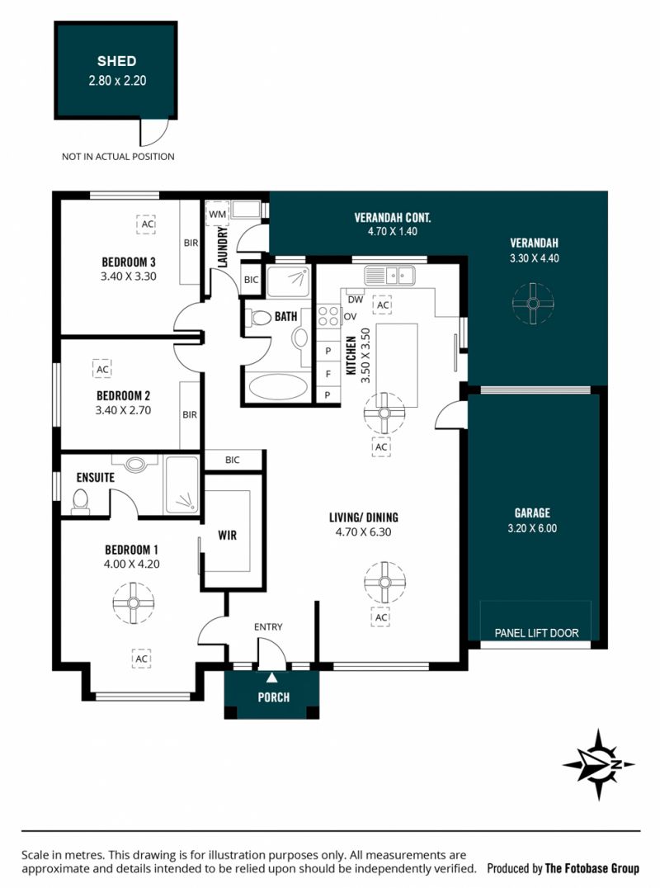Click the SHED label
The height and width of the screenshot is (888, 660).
click(116, 60)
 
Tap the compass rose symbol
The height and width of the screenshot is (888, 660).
click(598, 764)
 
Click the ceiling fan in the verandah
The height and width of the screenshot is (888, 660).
click(533, 304)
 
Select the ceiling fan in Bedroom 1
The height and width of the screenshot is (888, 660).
click(133, 602)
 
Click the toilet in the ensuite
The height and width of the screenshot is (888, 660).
click(80, 502)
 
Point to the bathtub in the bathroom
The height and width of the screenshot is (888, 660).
click(279, 387)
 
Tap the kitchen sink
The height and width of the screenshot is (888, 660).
click(389, 276)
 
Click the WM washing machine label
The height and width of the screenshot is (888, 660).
click(217, 214)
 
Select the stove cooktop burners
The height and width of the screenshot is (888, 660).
click(328, 316)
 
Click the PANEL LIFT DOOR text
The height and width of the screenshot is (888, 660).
click(536, 633)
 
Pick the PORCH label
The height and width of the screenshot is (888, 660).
click(273, 697)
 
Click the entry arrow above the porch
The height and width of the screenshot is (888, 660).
click(272, 678)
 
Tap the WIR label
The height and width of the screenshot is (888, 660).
click(228, 535)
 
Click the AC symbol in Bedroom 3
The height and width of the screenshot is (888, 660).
click(146, 224)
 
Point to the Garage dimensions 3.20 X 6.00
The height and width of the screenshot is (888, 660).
click(532, 528)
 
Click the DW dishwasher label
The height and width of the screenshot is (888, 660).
click(356, 300)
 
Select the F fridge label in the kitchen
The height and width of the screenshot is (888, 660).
click(328, 374)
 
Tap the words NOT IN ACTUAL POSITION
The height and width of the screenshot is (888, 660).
click(118, 156)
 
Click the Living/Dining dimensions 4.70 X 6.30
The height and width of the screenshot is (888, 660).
click(363, 531)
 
